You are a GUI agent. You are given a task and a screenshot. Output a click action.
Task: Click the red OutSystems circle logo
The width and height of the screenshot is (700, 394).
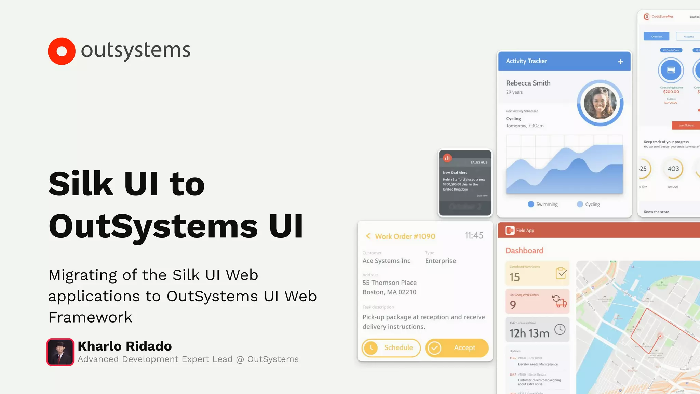(x=62, y=51)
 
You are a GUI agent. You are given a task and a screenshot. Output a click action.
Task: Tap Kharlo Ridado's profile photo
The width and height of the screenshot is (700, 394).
(x=60, y=352)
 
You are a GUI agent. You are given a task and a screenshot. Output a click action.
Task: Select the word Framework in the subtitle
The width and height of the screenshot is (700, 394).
(x=90, y=317)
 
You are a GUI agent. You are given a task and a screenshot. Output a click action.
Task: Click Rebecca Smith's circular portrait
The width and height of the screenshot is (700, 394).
(x=600, y=103)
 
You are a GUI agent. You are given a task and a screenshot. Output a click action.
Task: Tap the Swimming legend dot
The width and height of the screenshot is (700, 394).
(x=531, y=204)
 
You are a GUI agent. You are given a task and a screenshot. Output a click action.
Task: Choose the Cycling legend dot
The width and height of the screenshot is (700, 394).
(x=580, y=204)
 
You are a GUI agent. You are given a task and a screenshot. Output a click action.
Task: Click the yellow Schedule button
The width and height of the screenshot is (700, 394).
(x=391, y=348)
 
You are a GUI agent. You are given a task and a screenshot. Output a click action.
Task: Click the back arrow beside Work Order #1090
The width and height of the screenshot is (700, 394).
(x=368, y=236)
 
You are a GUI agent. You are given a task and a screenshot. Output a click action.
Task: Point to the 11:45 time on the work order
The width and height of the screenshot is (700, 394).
(x=474, y=235)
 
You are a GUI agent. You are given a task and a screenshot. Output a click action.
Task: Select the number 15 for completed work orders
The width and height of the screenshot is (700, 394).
(x=514, y=277)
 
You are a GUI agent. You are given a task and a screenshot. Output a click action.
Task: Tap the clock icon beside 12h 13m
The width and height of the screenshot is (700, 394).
(x=560, y=330)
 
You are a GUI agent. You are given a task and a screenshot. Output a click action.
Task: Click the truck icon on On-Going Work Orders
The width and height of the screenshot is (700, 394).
(x=560, y=301)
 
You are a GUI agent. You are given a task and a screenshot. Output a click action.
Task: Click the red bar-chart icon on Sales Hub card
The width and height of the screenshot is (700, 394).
(x=447, y=158)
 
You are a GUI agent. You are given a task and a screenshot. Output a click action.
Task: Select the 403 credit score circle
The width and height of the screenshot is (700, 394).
(x=673, y=169)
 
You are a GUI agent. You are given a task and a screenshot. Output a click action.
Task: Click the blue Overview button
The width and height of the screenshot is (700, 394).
(x=656, y=36)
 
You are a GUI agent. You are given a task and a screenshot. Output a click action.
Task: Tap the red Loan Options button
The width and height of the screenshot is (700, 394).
(x=686, y=125)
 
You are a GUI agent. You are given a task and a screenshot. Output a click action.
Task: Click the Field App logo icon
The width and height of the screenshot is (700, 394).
(x=510, y=231)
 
